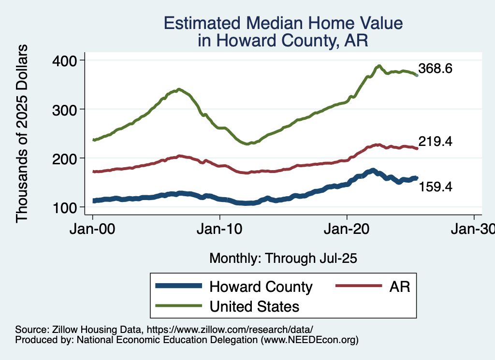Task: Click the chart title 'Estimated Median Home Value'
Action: (283, 23)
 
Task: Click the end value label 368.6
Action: (436, 69)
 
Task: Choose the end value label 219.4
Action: (436, 142)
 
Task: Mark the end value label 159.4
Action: (436, 186)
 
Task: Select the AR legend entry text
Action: (399, 287)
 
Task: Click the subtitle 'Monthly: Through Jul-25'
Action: (283, 259)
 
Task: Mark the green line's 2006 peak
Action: (179, 89)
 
